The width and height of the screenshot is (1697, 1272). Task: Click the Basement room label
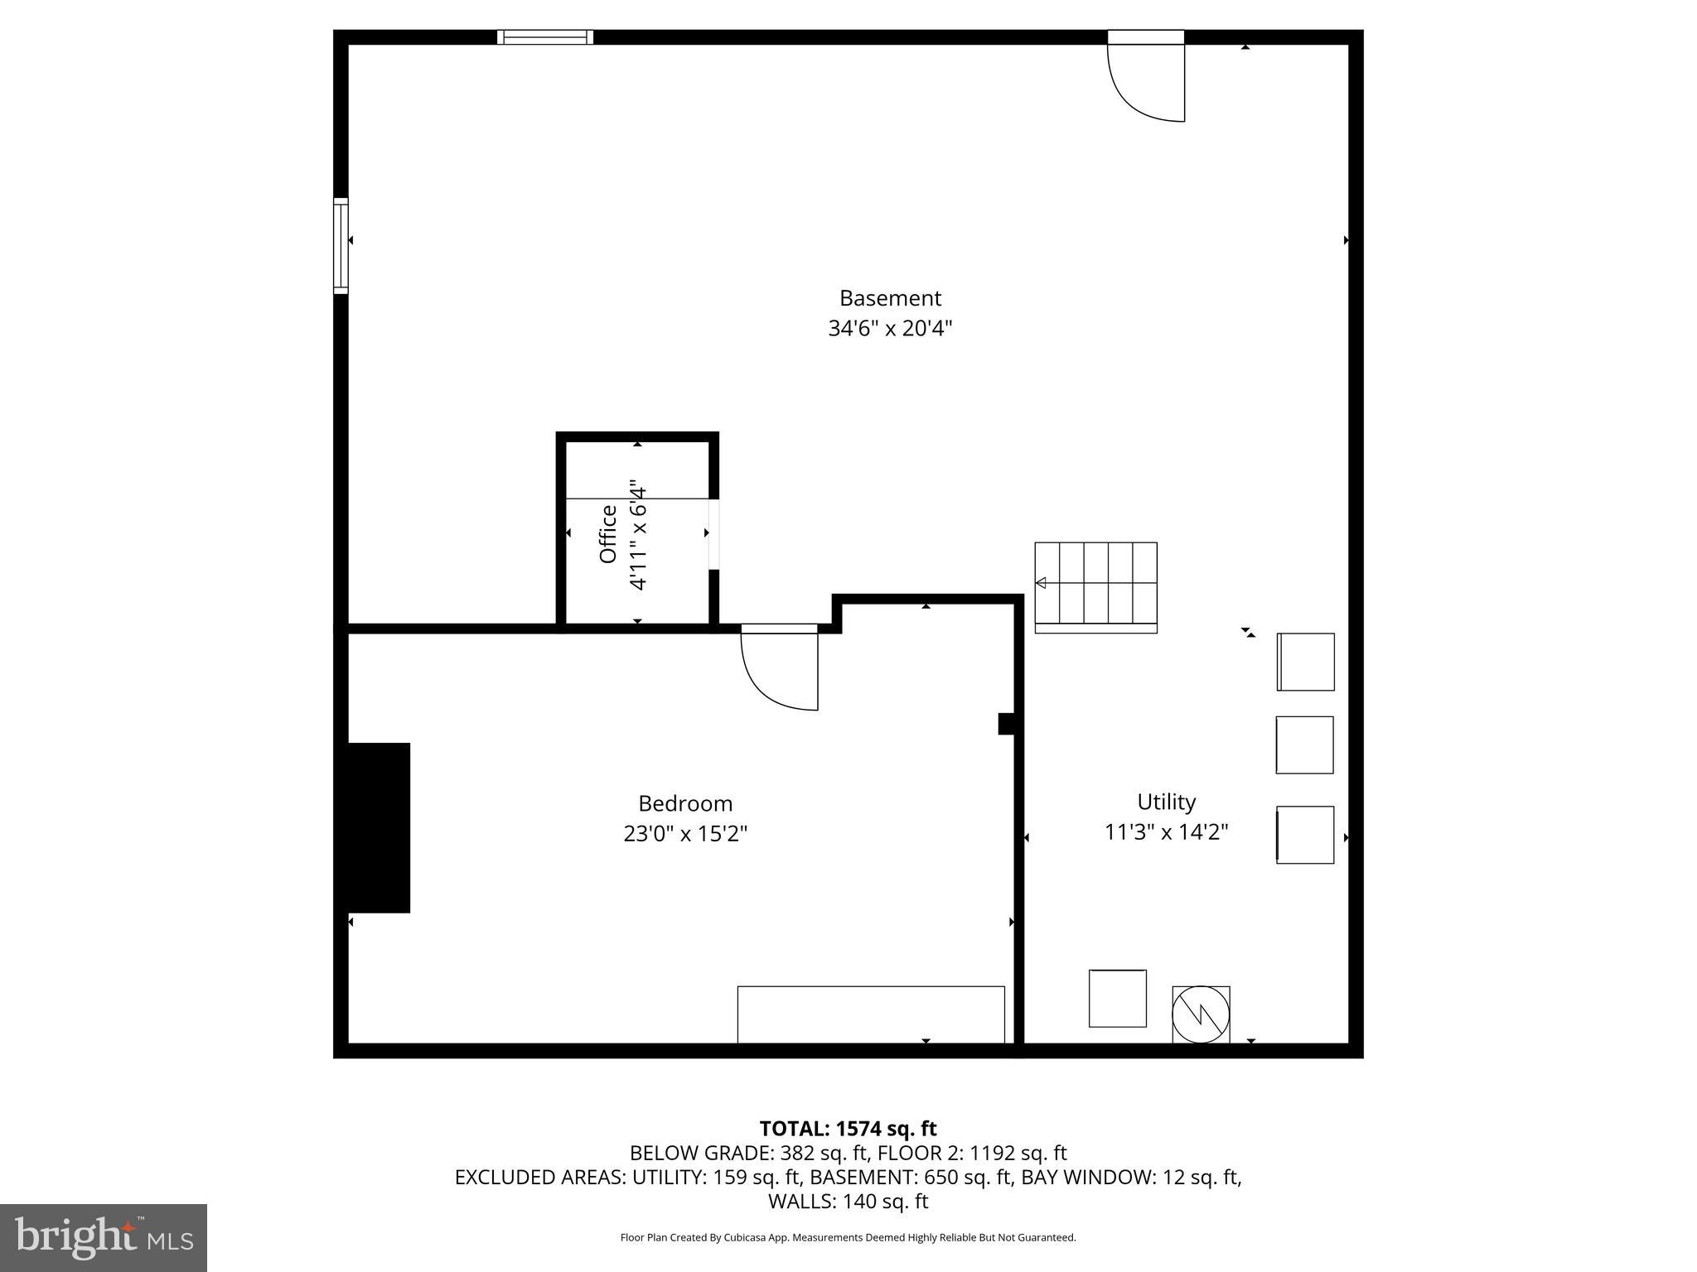pyautogui.click(x=890, y=298)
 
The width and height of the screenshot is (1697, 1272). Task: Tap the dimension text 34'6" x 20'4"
pyautogui.click(x=890, y=329)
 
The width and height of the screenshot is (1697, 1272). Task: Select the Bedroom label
pyautogui.click(x=685, y=803)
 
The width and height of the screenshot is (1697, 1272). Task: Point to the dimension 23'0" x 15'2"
pyautogui.click(x=685, y=833)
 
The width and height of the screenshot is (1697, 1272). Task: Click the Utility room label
pyautogui.click(x=1166, y=802)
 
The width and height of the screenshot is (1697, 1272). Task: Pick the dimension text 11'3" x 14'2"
pyautogui.click(x=1166, y=831)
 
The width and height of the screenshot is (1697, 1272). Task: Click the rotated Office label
pyautogui.click(x=608, y=534)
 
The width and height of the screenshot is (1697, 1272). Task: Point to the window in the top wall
pyautogui.click(x=545, y=36)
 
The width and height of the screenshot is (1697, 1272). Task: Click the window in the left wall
pyautogui.click(x=341, y=246)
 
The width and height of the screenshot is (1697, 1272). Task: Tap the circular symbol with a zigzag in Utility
pyautogui.click(x=1201, y=1014)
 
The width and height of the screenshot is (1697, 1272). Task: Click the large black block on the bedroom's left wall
pyautogui.click(x=378, y=827)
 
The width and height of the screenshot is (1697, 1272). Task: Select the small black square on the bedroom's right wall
pyautogui.click(x=1006, y=724)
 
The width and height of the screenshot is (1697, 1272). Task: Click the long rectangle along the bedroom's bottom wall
pyautogui.click(x=871, y=1014)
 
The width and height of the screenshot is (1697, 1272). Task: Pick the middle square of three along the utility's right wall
pyautogui.click(x=1304, y=745)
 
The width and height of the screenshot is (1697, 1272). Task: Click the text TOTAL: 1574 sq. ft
pyautogui.click(x=848, y=1129)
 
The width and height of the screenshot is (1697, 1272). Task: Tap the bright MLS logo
pyautogui.click(x=104, y=1238)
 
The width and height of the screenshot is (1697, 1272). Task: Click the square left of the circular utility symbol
pyautogui.click(x=1117, y=998)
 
